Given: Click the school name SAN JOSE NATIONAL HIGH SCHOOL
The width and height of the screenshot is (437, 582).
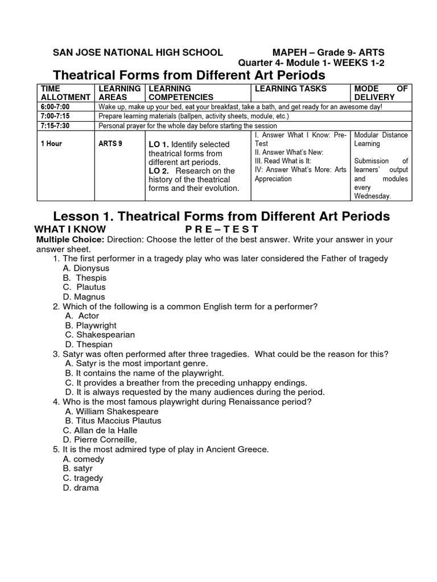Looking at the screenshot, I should pyautogui.click(x=138, y=52).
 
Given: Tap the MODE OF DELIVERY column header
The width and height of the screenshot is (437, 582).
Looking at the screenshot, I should pyautogui.click(x=381, y=93).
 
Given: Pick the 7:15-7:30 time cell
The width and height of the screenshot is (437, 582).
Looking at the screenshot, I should pyautogui.click(x=55, y=126).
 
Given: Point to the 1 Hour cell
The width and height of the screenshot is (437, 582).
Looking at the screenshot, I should pyautogui.click(x=51, y=144).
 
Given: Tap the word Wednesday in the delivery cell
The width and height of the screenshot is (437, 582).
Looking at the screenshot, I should pyautogui.click(x=372, y=196).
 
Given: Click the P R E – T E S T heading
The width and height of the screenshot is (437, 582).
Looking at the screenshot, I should pyautogui.click(x=222, y=229).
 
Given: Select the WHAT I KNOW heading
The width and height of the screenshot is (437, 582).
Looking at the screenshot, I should pyautogui.click(x=71, y=229).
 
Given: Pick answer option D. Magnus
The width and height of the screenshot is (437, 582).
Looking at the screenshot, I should pyautogui.click(x=84, y=297).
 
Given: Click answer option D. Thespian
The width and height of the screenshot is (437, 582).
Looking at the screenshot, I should pyautogui.click(x=89, y=344).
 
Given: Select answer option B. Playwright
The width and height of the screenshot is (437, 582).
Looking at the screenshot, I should pyautogui.click(x=90, y=325).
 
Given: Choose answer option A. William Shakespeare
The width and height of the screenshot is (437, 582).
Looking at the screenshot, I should pyautogui.click(x=112, y=411).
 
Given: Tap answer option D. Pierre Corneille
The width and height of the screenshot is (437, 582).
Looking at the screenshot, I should pyautogui.click(x=100, y=440).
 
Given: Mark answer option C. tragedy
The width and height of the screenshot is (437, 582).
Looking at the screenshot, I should pyautogui.click(x=83, y=478).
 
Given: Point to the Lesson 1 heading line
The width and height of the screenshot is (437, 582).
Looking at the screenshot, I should pyautogui.click(x=221, y=216).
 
